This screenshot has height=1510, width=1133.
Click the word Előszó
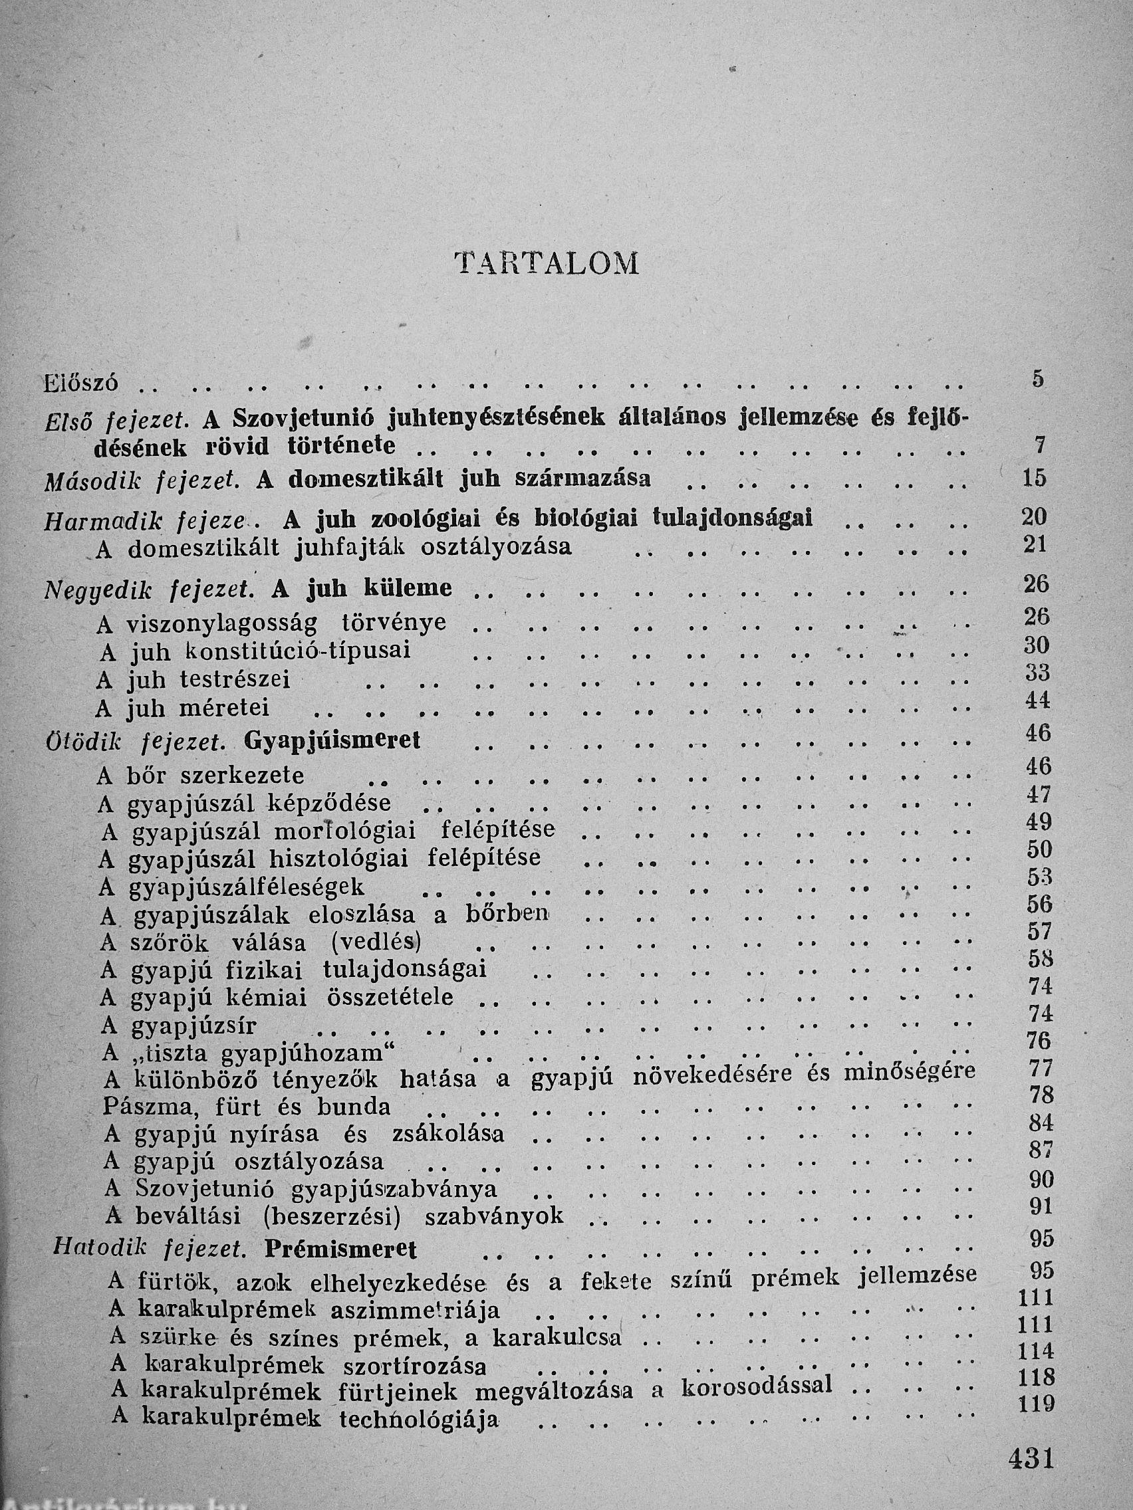pos(80,382)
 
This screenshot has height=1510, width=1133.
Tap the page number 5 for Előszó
pos(1038,379)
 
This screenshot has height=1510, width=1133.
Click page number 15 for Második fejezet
pos(1035,478)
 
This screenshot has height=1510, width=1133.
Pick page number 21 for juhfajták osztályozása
pos(1035,544)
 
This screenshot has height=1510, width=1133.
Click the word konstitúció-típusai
pos(298,651)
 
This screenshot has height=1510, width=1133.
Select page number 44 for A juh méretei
pos(1037,701)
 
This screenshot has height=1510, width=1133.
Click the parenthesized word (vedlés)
pos(375,942)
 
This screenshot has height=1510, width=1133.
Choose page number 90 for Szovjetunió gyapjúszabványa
pos(1040,1180)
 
